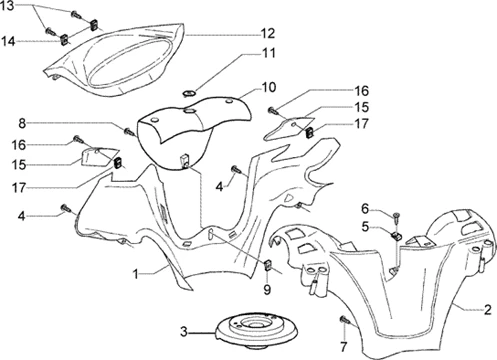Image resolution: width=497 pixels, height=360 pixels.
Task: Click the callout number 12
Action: (268, 33)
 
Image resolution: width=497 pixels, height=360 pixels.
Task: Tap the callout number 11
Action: (269, 53)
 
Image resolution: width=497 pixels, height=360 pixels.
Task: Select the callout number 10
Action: (269, 87)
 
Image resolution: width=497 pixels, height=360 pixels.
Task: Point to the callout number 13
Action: (7, 6)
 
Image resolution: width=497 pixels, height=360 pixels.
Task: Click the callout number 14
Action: (8, 41)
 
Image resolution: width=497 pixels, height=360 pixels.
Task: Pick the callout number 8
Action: (22, 124)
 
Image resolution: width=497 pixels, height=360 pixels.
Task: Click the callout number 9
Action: (267, 289)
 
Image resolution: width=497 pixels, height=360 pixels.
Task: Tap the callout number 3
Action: (184, 332)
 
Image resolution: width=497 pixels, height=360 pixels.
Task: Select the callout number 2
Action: (487, 310)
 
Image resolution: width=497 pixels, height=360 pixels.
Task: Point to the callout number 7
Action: (344, 346)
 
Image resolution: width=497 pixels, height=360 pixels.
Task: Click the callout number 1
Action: (135, 274)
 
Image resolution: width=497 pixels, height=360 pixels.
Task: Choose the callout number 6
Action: (365, 209)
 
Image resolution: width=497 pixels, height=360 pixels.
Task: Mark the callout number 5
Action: (365, 227)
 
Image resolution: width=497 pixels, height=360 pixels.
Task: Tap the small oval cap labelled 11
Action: (190, 93)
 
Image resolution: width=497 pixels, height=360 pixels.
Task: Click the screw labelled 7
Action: (344, 320)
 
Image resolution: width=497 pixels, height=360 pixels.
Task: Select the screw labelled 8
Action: (129, 132)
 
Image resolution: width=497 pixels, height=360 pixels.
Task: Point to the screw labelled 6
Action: (397, 216)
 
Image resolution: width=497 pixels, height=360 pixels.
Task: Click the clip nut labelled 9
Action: (268, 265)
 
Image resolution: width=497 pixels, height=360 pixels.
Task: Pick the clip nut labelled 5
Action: (396, 236)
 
